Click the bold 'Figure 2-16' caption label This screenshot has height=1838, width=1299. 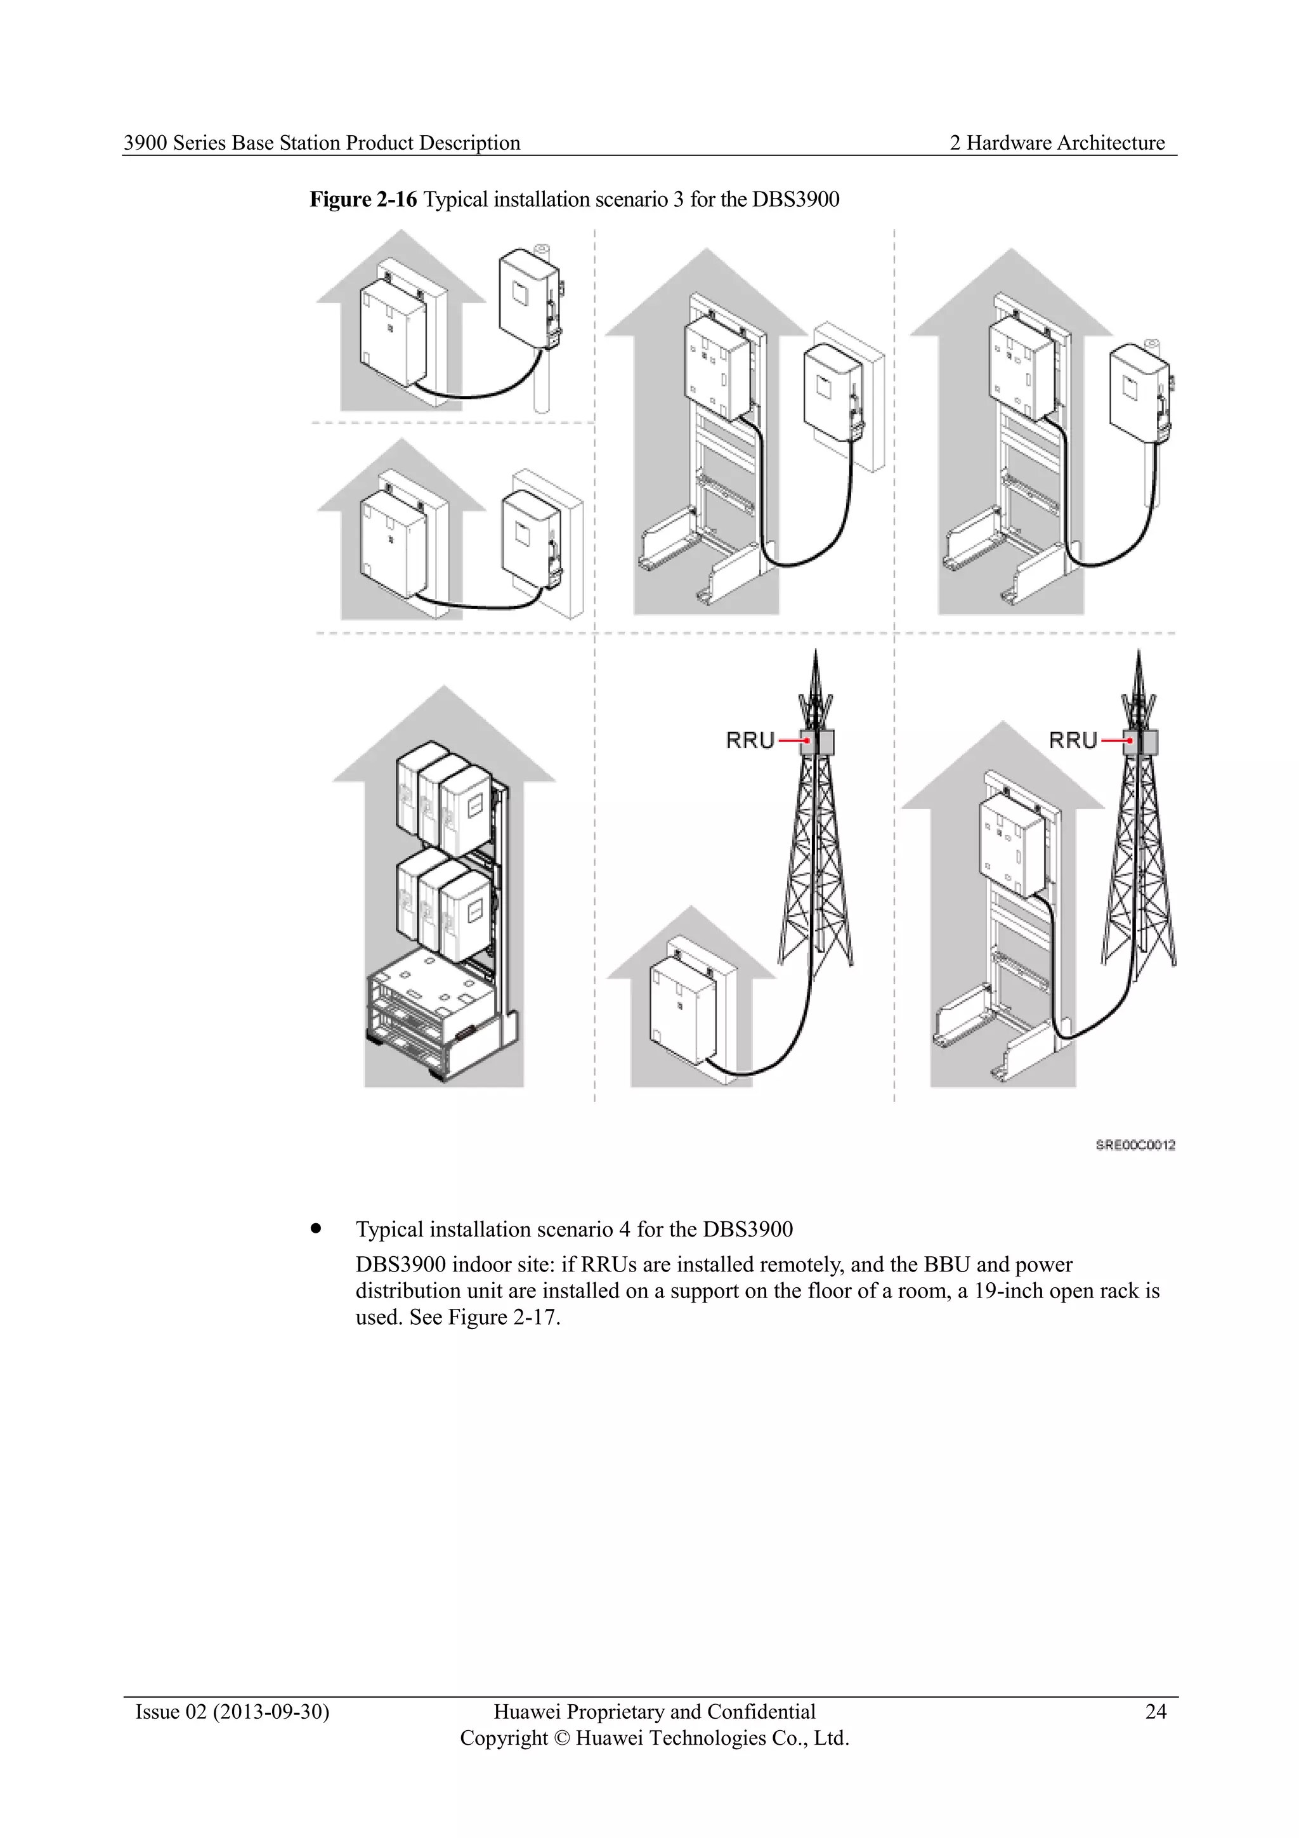point(363,199)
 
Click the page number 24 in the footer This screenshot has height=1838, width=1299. point(1155,1712)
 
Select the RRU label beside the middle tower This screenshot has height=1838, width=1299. point(750,740)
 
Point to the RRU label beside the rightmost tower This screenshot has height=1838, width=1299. point(1073,740)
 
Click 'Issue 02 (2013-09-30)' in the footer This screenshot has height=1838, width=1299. point(232,1712)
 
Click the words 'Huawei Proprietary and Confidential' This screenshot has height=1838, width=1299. point(654,1712)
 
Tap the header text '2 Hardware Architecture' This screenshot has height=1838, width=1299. point(1057,143)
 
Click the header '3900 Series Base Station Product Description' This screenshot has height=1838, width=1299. point(322,143)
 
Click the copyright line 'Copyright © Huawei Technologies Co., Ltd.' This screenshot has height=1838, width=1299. point(654,1738)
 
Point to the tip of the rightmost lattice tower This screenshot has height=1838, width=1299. point(1137,652)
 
